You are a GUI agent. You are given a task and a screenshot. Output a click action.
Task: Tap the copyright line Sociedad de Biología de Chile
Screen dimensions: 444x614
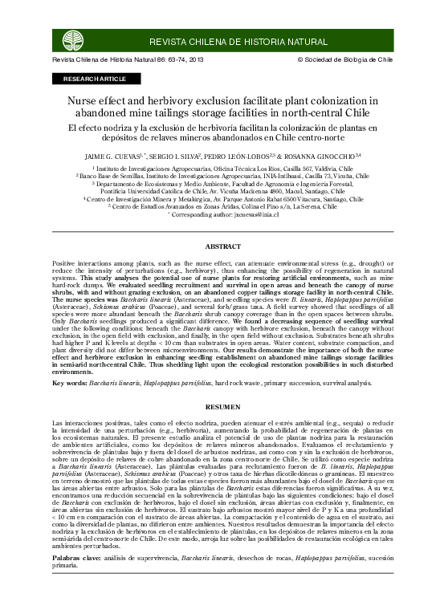pyautogui.click(x=348, y=60)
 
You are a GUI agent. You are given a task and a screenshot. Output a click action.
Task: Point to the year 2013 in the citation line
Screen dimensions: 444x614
pyautogui.click(x=193, y=60)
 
